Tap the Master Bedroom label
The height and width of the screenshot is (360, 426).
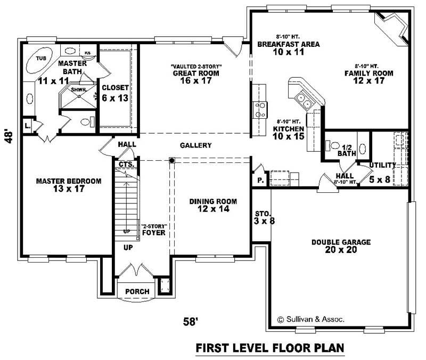click(69, 181)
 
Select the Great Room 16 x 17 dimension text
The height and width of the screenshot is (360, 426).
click(196, 81)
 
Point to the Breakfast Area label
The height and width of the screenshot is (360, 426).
click(288, 45)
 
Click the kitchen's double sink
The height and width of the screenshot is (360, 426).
click(304, 97)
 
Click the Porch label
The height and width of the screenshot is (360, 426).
click(137, 291)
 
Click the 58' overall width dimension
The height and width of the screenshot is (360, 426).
click(192, 321)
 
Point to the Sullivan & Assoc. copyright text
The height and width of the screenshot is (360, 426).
click(311, 320)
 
